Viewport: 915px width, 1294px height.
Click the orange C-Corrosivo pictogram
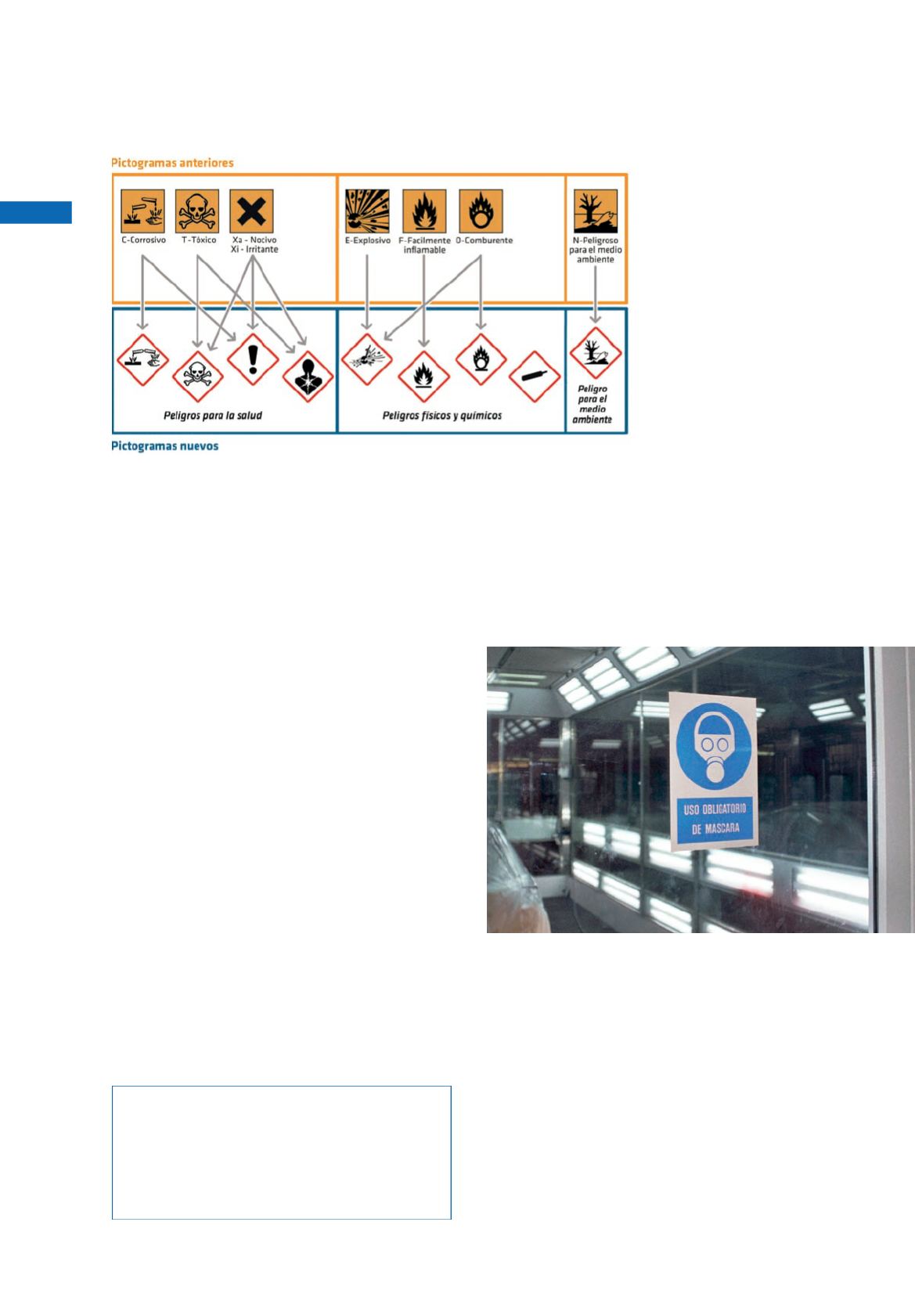click(142, 211)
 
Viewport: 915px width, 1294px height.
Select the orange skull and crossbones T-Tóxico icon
click(197, 211)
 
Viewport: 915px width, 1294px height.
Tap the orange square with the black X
click(251, 211)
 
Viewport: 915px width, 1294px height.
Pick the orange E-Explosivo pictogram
click(367, 211)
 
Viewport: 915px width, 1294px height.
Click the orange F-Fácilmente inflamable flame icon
click(424, 211)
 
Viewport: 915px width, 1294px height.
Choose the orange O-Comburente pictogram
click(481, 211)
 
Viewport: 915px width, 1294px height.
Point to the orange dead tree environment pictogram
click(596, 211)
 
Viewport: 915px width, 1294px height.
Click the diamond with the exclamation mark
click(253, 359)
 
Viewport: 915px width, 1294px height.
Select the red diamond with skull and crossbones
click(197, 377)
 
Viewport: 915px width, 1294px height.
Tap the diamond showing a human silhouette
click(308, 377)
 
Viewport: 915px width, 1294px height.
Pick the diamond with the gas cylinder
click(535, 377)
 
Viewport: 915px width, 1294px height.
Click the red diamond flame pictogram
click(424, 377)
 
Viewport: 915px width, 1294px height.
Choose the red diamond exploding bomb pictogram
click(367, 359)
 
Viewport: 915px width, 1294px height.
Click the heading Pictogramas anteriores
click(172, 163)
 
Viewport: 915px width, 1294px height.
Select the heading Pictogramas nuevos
click(164, 446)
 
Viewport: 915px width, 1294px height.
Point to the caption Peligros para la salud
click(213, 416)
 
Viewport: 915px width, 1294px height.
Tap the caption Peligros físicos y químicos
click(442, 416)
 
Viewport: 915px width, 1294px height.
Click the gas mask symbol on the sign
click(715, 745)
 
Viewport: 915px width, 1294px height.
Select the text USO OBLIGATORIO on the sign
click(715, 809)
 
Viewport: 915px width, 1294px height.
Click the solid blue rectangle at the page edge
click(36, 212)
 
